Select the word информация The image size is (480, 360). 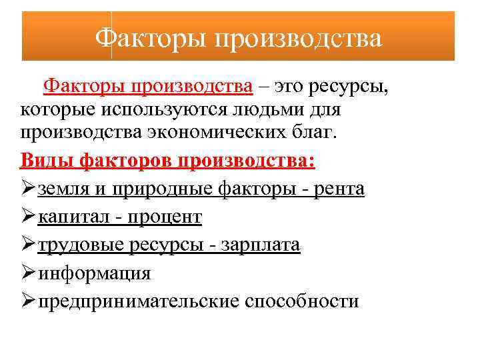click(94, 273)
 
